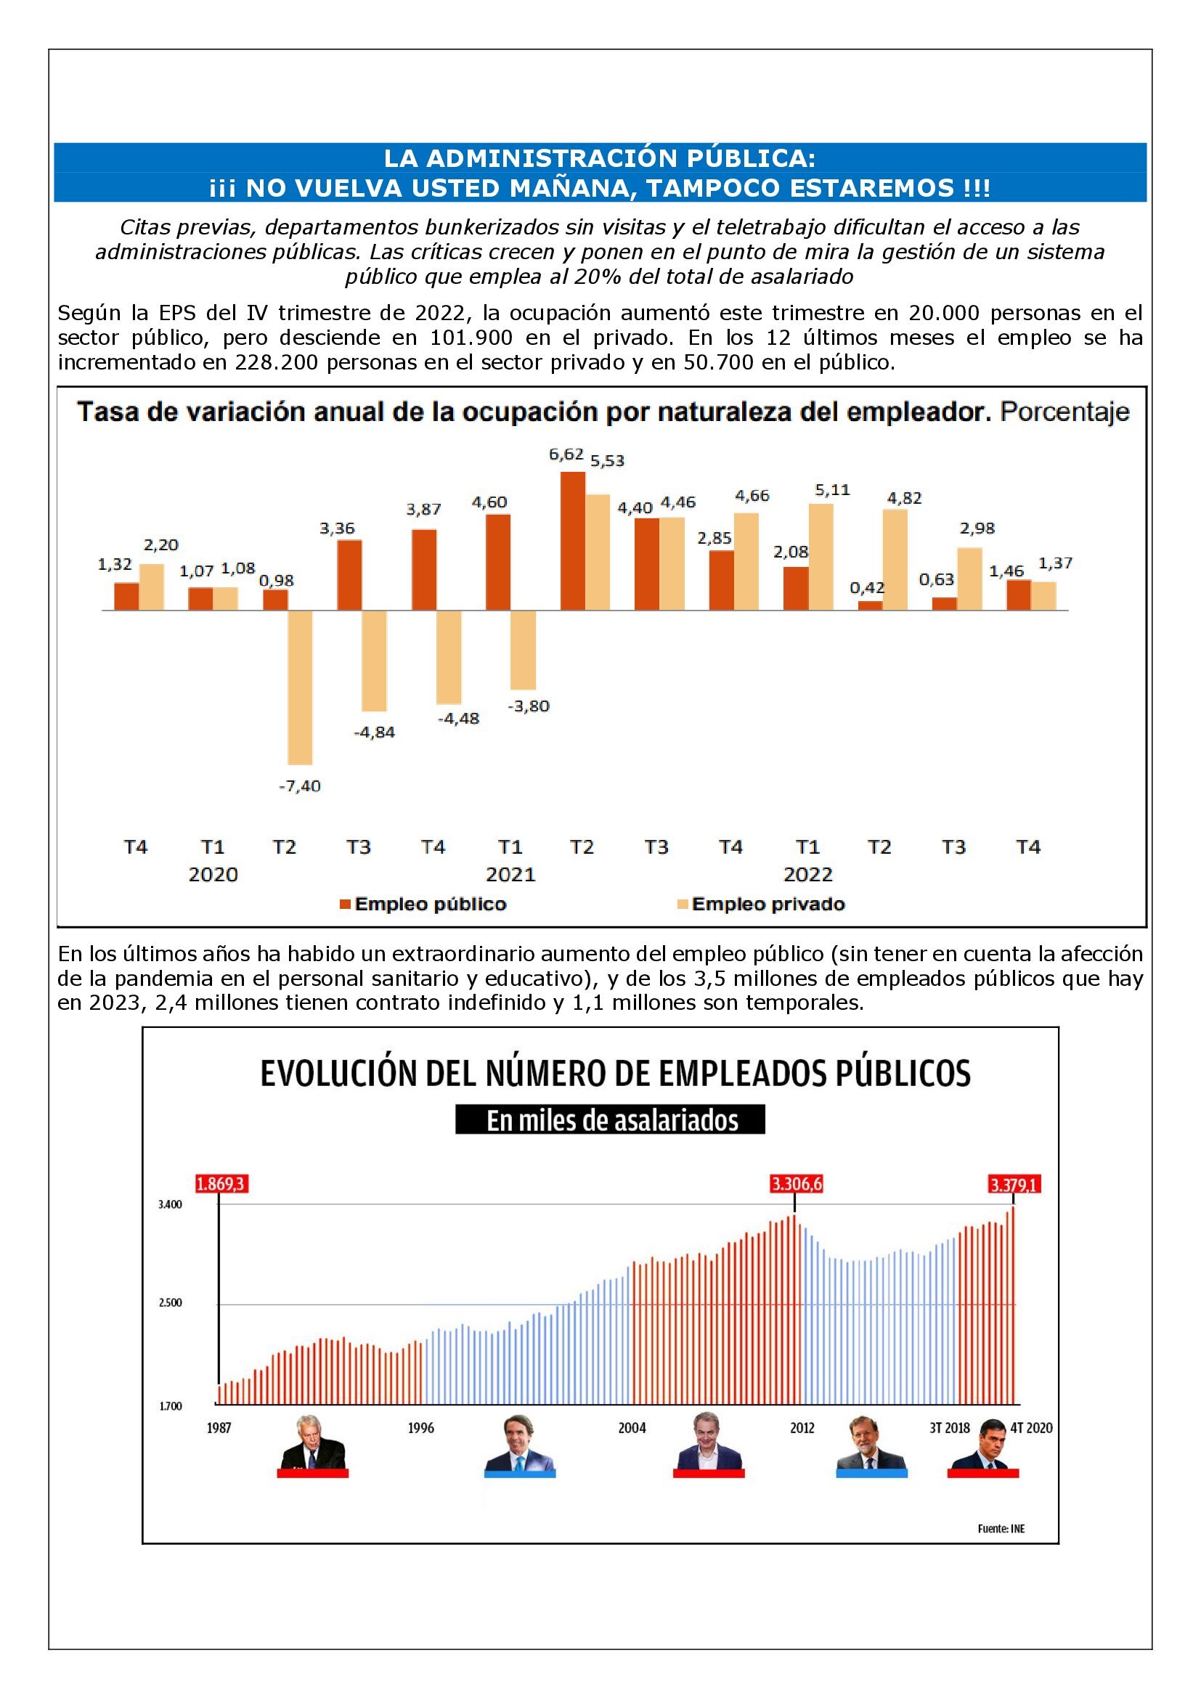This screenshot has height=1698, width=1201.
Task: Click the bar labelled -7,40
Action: pyautogui.click(x=299, y=687)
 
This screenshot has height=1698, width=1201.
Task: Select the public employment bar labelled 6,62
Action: pyautogui.click(x=572, y=541)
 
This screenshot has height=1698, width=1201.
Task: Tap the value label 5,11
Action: pyautogui.click(x=833, y=489)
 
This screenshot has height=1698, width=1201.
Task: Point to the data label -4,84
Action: pyautogui.click(x=374, y=732)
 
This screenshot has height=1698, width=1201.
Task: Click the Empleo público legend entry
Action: pyautogui.click(x=423, y=904)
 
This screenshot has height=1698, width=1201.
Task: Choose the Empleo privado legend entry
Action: pyautogui.click(x=761, y=904)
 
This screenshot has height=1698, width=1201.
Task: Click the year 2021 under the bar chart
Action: pyautogui.click(x=510, y=874)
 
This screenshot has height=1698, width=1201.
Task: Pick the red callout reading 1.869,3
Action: pyautogui.click(x=219, y=1184)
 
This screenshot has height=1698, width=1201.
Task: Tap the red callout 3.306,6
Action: pyautogui.click(x=797, y=1184)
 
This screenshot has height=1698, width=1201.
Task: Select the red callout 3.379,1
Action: pyautogui.click(x=1014, y=1185)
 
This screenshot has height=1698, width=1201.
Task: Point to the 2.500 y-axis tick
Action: pyautogui.click(x=170, y=1302)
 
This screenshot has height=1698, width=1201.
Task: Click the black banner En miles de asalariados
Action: pyautogui.click(x=610, y=1119)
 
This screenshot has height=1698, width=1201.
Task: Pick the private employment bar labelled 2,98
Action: pyautogui.click(x=969, y=579)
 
